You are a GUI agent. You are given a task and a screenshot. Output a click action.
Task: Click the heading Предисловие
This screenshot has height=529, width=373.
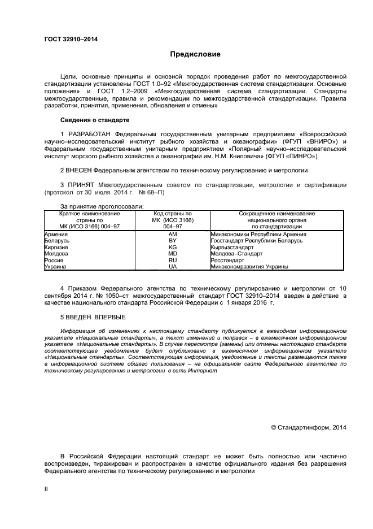click(x=195, y=55)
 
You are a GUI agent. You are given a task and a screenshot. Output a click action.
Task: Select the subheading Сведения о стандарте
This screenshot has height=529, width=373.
click(x=95, y=120)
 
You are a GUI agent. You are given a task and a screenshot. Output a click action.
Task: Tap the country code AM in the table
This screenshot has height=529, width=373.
click(x=173, y=234)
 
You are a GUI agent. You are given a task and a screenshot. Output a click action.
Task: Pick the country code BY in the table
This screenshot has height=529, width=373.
click(x=173, y=241)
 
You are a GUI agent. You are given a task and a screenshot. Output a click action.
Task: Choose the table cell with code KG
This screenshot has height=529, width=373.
click(x=173, y=247)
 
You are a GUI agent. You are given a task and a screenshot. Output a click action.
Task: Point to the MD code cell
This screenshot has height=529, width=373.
click(x=173, y=254)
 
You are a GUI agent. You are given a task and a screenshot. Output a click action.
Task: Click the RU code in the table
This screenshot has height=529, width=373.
click(x=173, y=260)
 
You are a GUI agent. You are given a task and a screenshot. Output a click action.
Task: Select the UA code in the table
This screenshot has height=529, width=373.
click(x=173, y=266)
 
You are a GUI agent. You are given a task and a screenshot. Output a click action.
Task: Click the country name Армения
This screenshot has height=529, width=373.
click(x=56, y=234)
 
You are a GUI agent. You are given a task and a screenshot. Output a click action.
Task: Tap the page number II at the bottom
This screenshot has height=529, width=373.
click(x=46, y=489)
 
